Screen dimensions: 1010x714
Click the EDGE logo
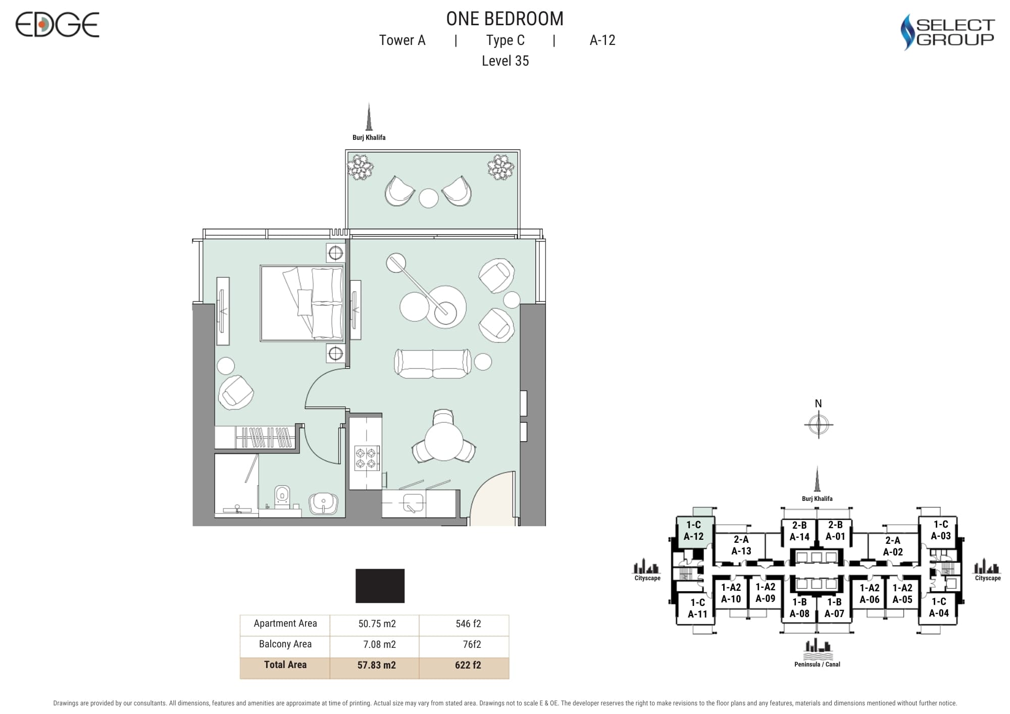[57, 25]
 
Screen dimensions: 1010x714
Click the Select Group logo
[947, 32]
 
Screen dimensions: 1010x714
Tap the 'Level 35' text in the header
[505, 61]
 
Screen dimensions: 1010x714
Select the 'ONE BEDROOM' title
[504, 19]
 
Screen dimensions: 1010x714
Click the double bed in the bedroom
[302, 303]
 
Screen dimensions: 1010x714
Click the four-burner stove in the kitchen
[367, 458]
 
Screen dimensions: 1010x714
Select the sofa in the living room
[433, 363]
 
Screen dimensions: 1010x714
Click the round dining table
[444, 441]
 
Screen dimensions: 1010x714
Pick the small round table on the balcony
[429, 198]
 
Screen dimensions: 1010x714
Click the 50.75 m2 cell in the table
[377, 624]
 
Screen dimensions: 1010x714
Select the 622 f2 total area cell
[468, 666]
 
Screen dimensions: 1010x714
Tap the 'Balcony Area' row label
[285, 644]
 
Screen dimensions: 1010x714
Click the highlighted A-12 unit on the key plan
[694, 531]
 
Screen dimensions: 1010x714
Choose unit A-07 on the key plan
[834, 608]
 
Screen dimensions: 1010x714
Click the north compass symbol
[818, 424]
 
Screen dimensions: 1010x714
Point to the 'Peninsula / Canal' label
[817, 665]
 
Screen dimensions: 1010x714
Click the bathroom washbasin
[323, 503]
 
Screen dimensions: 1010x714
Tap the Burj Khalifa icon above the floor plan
[369, 117]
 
